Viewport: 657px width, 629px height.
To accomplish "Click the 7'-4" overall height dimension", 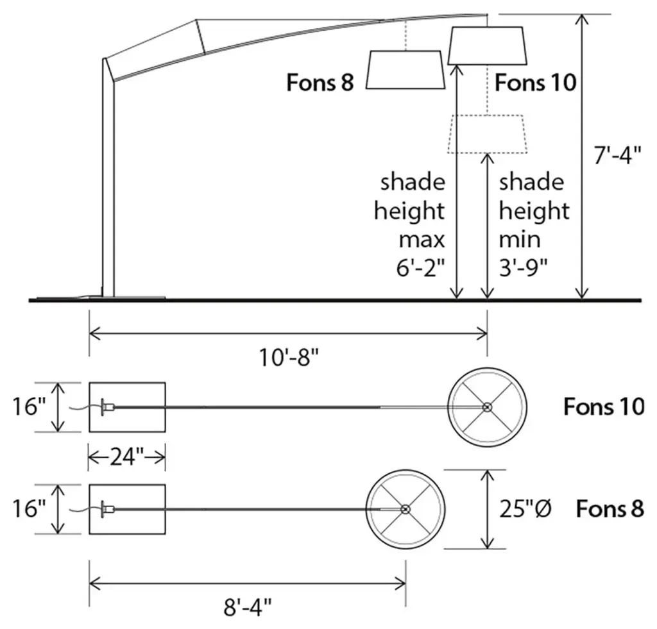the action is click(x=617, y=155).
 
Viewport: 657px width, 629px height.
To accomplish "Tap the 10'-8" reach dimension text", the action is click(x=289, y=358).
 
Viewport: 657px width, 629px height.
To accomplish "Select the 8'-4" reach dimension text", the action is click(x=248, y=607).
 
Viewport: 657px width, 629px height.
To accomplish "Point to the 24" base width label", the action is click(x=127, y=457).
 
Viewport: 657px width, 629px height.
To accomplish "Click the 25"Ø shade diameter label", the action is click(x=525, y=509).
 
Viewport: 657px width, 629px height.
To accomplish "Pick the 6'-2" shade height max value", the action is click(x=420, y=267).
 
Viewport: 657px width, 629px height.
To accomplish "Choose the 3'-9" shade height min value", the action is click(x=524, y=267).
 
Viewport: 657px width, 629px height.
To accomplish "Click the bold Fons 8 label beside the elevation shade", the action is click(x=320, y=82).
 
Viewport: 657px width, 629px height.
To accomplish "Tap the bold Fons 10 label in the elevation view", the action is click(x=536, y=82).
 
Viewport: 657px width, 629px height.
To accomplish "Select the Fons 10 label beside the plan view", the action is click(x=604, y=407).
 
